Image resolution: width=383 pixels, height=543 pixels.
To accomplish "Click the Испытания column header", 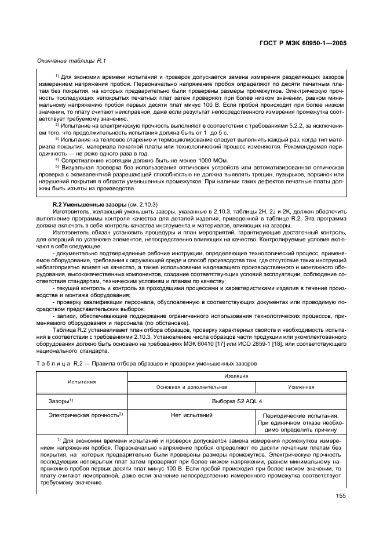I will [82, 382].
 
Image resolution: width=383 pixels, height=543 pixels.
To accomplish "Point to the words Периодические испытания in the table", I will [301, 416].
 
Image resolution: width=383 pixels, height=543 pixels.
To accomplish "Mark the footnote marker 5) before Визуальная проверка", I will [57, 167].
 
